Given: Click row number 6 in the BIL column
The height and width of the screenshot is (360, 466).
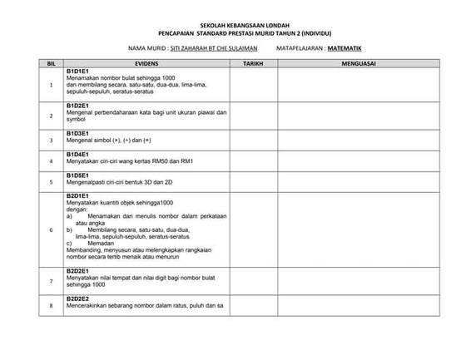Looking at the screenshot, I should pyautogui.click(x=51, y=229).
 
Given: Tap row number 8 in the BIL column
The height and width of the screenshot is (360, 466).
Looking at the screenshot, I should pyautogui.click(x=51, y=306).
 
